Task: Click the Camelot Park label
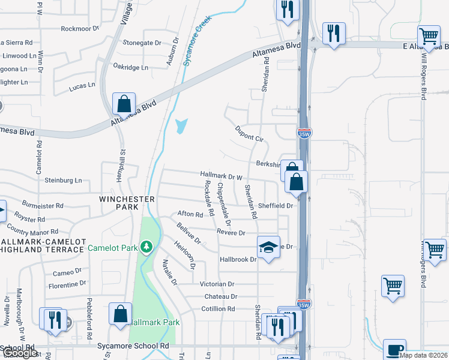(x=113, y=247)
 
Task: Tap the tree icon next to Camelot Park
(x=146, y=247)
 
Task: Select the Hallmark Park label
(x=155, y=322)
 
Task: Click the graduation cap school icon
(x=268, y=247)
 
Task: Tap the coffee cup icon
(x=394, y=350)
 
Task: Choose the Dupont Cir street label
(x=250, y=133)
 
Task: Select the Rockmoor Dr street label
(x=79, y=28)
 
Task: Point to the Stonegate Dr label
(x=142, y=43)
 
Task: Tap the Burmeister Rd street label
(x=43, y=205)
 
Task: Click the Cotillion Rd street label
(x=218, y=308)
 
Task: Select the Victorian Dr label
(x=217, y=284)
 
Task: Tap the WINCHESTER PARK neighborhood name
(x=127, y=202)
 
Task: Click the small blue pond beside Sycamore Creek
(x=181, y=126)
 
